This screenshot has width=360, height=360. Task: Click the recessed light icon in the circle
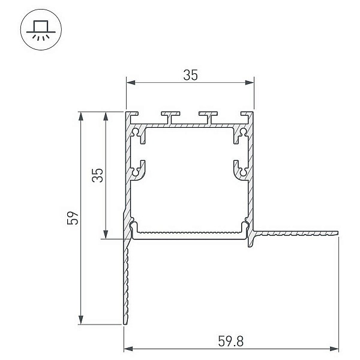[x=41, y=29]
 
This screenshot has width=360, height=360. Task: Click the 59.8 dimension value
[x=230, y=341]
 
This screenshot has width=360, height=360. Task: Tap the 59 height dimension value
[x=73, y=218]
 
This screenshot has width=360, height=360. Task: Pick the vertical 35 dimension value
[x=98, y=175]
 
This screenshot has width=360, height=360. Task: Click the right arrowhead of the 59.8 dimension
[x=334, y=349]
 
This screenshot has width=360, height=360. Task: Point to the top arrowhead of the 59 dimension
[x=80, y=116]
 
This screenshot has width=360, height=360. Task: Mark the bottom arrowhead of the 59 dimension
[x=80, y=320]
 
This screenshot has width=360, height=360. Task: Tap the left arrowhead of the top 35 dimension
[x=131, y=83]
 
